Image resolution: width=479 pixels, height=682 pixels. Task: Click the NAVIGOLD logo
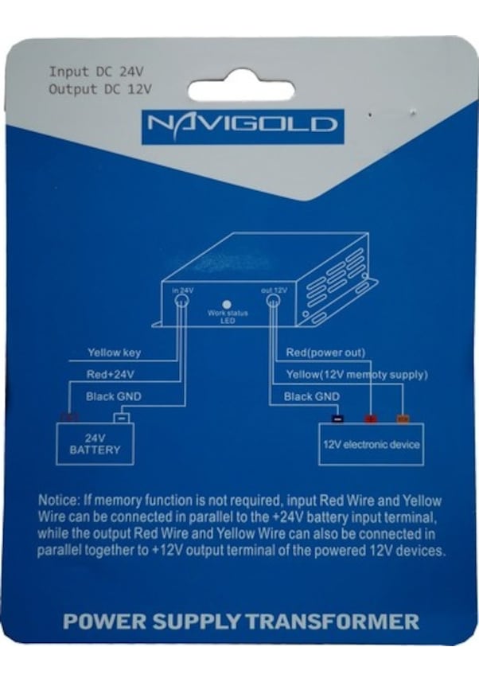243,125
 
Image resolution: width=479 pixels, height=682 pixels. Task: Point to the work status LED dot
227,304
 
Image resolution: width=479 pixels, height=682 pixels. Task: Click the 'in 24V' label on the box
182,290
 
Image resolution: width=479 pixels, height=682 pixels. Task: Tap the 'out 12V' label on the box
274,290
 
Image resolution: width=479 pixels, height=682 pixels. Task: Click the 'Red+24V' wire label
110,373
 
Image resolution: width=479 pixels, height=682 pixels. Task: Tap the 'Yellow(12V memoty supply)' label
356,374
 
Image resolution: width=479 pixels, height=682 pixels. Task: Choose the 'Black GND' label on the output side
311,396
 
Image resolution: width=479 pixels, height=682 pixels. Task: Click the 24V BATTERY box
95,443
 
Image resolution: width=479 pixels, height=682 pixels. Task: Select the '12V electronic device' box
371,444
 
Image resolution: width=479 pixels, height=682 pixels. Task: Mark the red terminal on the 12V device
369,419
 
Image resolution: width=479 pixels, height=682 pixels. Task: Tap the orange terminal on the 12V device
403,419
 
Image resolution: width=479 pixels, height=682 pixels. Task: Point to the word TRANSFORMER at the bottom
333,622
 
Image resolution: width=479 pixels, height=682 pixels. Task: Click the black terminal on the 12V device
337,419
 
